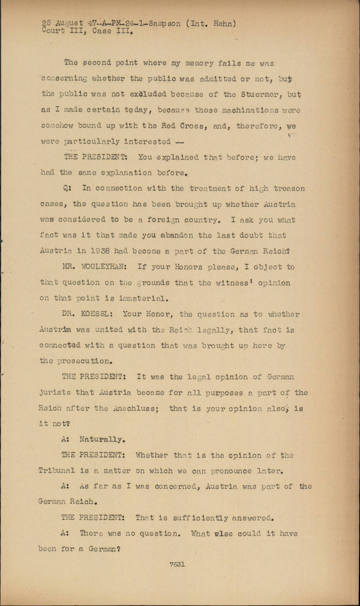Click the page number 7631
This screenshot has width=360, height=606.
click(177, 564)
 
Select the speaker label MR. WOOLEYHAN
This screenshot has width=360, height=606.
click(94, 267)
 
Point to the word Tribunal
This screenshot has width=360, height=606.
click(57, 471)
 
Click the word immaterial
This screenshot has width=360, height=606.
click(144, 298)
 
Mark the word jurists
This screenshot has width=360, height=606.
click(55, 393)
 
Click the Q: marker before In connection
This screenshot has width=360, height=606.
click(68, 188)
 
